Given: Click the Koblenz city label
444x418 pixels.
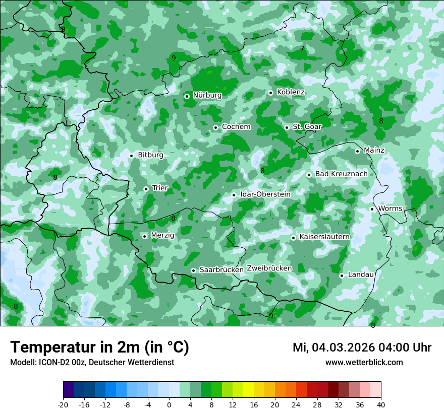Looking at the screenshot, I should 291,92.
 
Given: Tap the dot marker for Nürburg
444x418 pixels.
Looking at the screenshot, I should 187,96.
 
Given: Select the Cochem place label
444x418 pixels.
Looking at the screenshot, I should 236,127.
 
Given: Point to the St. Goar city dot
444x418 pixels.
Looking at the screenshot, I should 287,127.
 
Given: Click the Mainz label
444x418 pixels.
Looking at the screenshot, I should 374,151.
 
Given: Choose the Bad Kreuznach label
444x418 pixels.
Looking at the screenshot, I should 342,174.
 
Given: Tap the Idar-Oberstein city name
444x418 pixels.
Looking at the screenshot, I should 265,194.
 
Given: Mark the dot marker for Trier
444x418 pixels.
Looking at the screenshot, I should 146,189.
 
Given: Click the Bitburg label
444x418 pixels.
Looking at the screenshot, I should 150,155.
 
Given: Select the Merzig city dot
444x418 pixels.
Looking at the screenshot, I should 144,236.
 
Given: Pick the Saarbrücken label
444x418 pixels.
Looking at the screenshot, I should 221,270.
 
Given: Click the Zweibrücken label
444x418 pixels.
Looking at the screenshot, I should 269,268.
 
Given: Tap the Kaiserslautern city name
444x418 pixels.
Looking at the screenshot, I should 324,237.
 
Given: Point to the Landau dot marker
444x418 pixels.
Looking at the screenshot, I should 342,275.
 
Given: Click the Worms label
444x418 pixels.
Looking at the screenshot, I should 390,208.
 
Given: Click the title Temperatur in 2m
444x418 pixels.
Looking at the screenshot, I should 99,347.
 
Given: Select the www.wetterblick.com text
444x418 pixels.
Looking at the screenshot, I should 364,363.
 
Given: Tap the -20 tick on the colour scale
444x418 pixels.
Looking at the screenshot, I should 63,404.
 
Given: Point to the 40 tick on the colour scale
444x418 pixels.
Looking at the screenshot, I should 381,404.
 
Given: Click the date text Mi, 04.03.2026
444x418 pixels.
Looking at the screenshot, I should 333,347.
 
